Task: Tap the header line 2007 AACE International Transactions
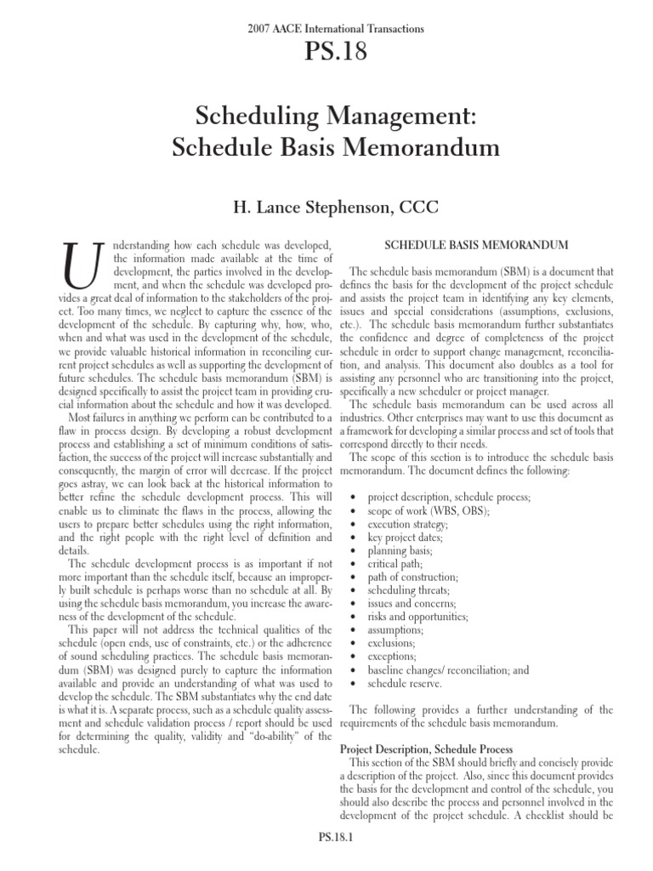(x=326, y=29)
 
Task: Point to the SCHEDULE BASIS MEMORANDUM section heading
(x=476, y=246)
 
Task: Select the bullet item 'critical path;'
(x=394, y=563)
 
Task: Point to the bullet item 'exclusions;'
(x=392, y=642)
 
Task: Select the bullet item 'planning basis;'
(x=398, y=550)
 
